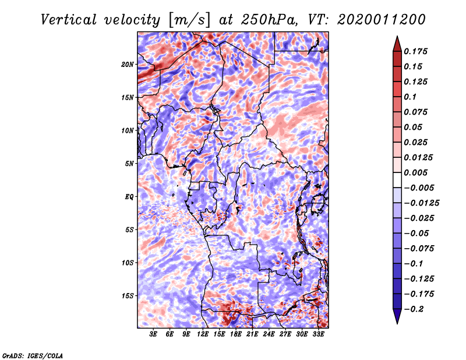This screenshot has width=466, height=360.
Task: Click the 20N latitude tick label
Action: point(128,64)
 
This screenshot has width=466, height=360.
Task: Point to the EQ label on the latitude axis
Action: point(129,196)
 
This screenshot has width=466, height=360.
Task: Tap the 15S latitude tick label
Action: point(128,295)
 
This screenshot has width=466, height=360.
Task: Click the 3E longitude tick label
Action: point(154,334)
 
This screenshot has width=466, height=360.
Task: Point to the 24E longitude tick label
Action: point(269,334)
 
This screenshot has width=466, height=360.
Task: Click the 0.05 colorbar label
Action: point(414,127)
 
